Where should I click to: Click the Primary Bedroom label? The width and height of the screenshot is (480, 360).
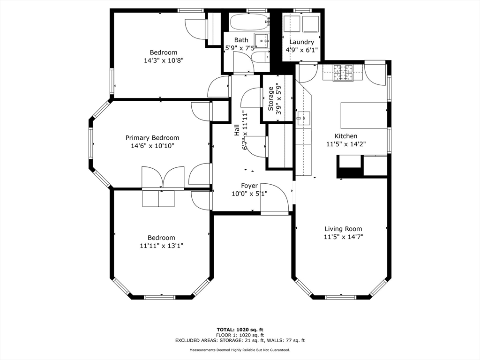152,138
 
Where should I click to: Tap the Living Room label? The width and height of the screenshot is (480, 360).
343,229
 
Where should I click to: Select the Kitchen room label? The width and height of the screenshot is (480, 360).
345,136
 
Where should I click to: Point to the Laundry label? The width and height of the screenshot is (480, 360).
301,42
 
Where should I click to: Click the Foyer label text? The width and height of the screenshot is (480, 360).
249,186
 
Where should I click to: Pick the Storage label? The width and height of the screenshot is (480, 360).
270,98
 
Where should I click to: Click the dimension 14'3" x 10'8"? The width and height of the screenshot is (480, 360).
164,60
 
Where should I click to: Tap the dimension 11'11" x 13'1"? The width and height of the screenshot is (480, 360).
161,246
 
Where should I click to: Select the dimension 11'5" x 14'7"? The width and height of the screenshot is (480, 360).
344,237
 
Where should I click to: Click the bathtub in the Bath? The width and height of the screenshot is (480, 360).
249,22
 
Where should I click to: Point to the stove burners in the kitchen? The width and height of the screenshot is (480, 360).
343,73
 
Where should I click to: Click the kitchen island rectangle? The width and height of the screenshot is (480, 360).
364,115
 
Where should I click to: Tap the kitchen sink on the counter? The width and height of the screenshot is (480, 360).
303,117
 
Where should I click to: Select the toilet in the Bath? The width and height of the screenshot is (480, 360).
261,57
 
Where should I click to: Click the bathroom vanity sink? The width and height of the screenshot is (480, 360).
262,41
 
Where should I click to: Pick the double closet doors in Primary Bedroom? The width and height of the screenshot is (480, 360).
163,177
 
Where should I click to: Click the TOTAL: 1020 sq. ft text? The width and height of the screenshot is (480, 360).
240,330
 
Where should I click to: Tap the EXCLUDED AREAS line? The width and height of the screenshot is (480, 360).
240,340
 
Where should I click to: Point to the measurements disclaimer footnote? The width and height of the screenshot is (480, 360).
240,350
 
